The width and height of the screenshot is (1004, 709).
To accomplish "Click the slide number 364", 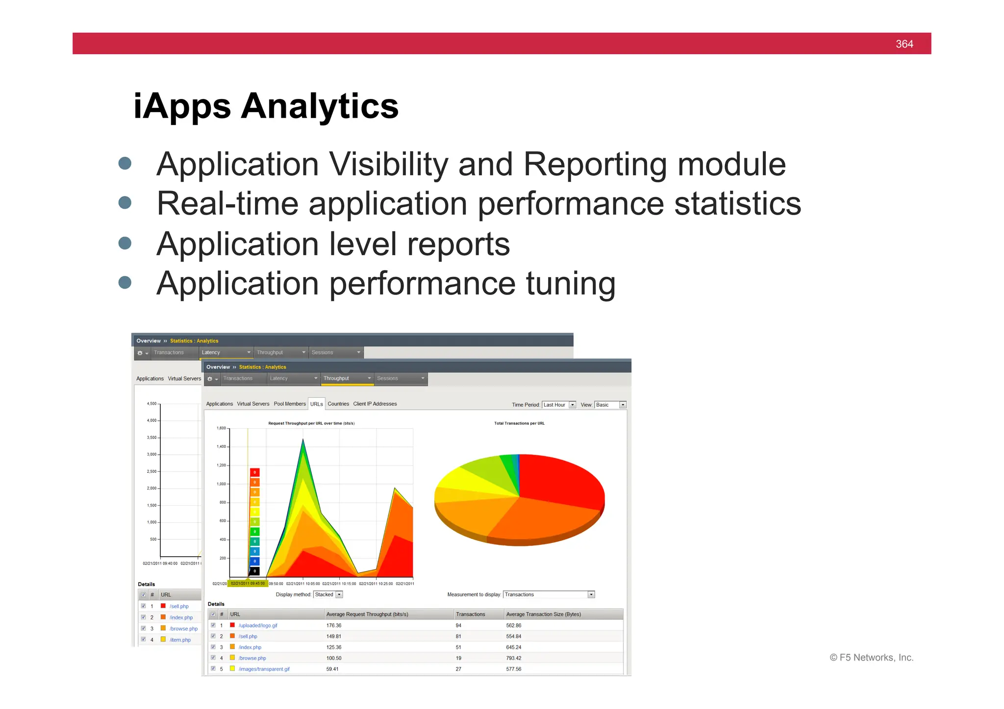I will tap(904, 44).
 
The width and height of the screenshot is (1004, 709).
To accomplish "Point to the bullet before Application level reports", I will tap(125, 243).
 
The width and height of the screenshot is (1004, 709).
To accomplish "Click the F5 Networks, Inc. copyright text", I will tap(871, 658).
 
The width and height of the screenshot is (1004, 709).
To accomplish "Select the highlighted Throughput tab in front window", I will tap(346, 378).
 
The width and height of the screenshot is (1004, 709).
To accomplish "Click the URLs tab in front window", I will tap(316, 404).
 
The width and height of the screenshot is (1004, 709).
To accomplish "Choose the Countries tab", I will tap(338, 404).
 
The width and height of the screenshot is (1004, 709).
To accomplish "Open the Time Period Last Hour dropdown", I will tap(559, 405).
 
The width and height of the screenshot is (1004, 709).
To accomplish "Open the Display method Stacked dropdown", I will tap(328, 594).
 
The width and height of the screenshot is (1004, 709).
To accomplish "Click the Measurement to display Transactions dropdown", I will tap(549, 594).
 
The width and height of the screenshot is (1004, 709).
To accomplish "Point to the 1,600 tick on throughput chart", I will tap(221, 428).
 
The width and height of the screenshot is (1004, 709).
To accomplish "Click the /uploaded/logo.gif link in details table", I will tap(258, 626).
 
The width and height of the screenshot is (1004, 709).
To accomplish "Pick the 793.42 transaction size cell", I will tap(513, 658).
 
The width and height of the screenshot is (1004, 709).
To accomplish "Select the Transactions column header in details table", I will tap(470, 614).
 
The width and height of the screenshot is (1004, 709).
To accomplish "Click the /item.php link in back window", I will tap(180, 640).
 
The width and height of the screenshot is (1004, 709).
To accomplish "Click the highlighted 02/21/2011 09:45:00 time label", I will tap(248, 584).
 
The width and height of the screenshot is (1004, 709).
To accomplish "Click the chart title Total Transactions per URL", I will tap(519, 423).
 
